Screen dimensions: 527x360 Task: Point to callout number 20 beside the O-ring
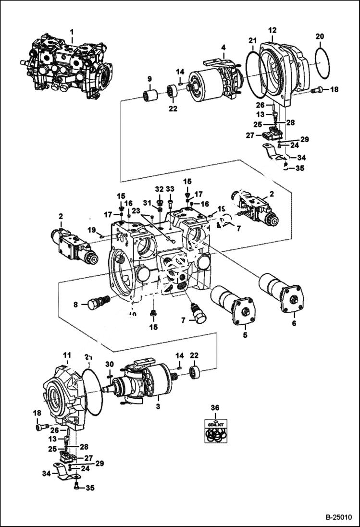320,37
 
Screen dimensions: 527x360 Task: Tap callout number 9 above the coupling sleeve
149,78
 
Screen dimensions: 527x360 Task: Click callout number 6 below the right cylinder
294,323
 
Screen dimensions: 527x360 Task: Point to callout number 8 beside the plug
75,304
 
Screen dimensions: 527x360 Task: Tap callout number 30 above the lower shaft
110,364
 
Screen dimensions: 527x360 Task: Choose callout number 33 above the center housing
170,188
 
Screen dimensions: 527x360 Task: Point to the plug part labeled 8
98,303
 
